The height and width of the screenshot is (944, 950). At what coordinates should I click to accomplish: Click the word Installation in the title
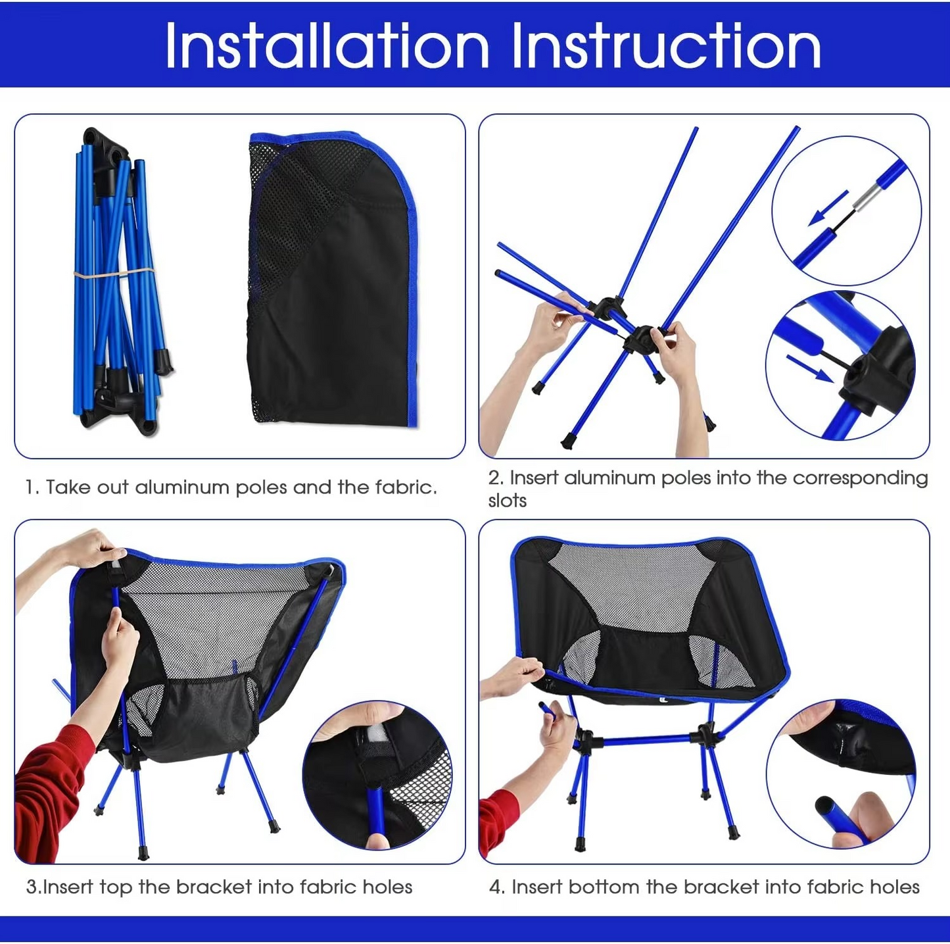[327, 45]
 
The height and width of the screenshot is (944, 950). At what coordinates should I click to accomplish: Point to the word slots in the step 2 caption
[507, 501]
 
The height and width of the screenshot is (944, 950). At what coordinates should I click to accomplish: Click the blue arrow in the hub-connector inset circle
[810, 368]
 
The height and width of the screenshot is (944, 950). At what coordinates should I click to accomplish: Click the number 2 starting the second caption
[494, 478]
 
